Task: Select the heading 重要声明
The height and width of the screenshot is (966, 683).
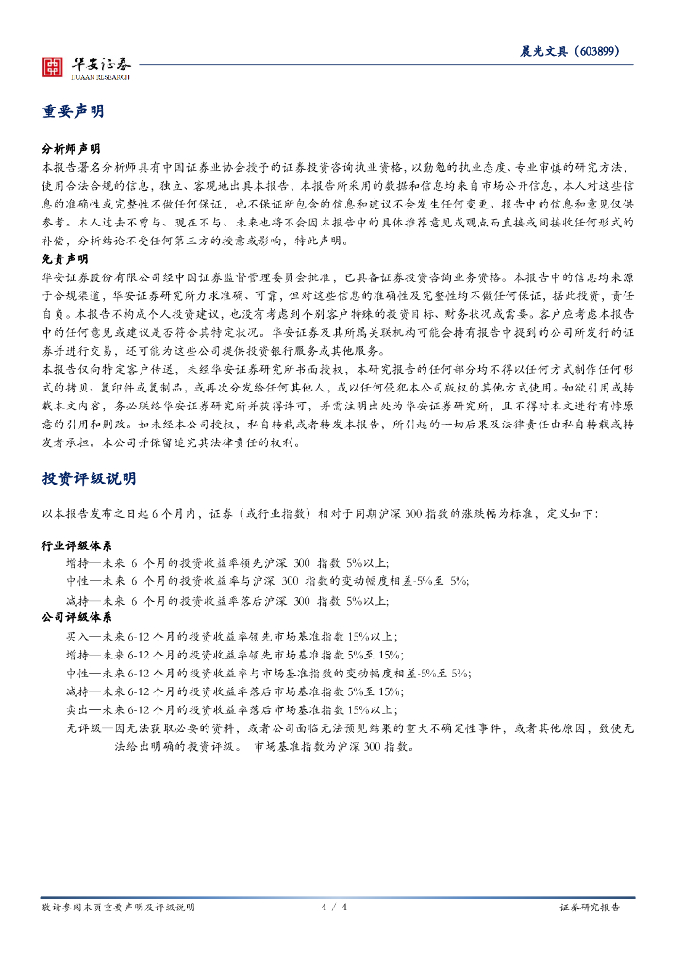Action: pos(73,111)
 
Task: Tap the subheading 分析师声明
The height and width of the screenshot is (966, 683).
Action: pos(72,150)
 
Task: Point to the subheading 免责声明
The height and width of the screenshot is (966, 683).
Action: pos(65,258)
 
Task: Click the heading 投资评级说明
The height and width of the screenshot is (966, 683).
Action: pos(89,479)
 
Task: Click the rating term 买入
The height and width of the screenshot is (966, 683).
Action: pos(76,637)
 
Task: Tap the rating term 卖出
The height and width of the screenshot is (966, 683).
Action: pos(76,709)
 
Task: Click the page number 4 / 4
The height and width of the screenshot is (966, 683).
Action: pos(335,908)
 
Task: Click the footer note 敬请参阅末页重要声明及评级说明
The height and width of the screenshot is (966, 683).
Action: pos(118,908)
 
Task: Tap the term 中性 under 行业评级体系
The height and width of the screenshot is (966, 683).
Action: pos(76,582)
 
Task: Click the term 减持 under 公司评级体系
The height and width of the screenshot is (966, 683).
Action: pos(76,691)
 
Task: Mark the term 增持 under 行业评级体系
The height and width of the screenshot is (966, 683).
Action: pos(76,564)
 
